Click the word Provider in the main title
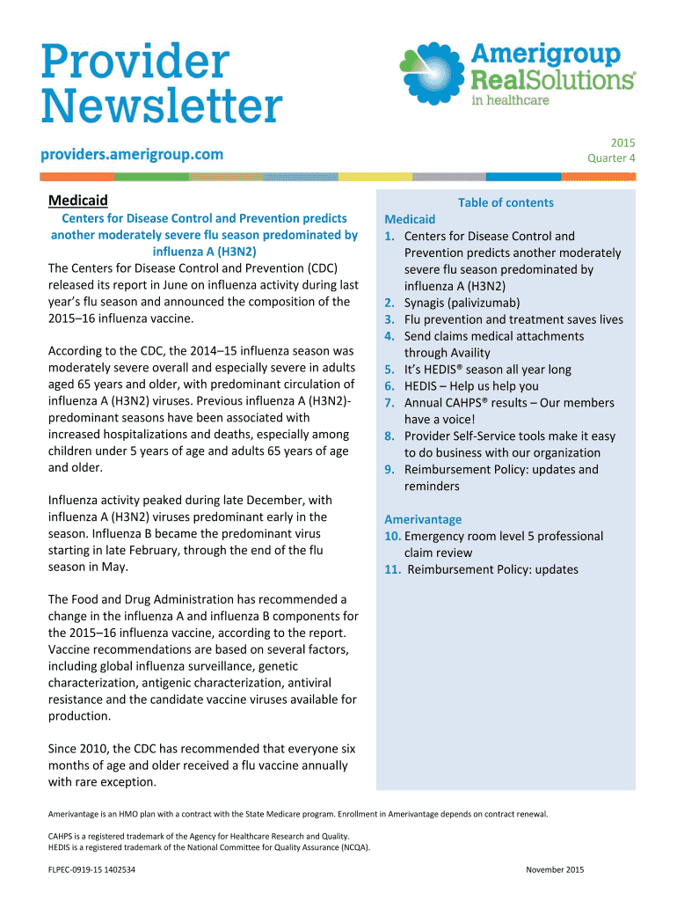point(135,63)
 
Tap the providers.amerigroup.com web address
point(132,154)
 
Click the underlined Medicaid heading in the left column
point(78,201)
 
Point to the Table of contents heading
point(506,202)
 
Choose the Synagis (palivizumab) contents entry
point(462,303)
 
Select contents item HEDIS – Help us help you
point(471,386)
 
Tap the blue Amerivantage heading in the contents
point(423,519)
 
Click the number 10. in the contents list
point(392,536)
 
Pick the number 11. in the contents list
point(392,569)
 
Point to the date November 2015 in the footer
point(555,870)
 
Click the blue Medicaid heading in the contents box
point(410,219)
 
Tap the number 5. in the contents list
point(389,370)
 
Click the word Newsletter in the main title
point(163,107)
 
